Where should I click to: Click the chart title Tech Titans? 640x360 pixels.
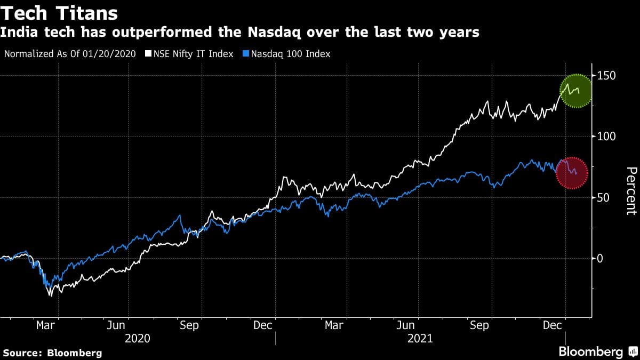(x=59, y=12)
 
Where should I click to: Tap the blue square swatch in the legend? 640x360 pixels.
(x=245, y=54)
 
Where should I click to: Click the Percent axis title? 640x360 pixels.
(x=630, y=191)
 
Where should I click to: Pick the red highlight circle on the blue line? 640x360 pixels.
(x=572, y=173)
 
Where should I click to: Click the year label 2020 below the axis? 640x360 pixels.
(x=137, y=339)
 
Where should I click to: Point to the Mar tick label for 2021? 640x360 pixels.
(x=334, y=325)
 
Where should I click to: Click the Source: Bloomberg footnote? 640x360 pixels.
(x=53, y=353)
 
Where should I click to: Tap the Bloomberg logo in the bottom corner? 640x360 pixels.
(x=596, y=351)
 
